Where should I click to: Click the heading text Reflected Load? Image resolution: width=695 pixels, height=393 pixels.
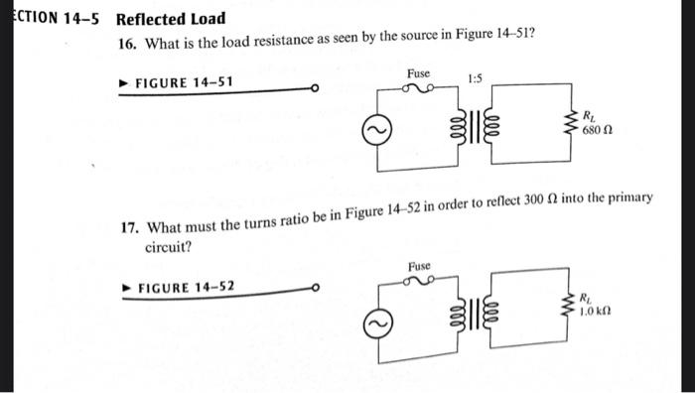(171, 19)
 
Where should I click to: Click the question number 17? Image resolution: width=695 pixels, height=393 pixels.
(127, 227)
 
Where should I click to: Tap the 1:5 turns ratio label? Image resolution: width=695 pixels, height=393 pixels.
(476, 77)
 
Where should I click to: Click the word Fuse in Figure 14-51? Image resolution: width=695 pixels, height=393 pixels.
(418, 74)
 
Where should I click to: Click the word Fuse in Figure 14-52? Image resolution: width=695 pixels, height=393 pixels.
(418, 266)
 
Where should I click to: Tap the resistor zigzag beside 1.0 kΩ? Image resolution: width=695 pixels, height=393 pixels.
(570, 302)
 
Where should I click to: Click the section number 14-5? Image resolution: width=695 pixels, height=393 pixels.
(80, 19)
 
